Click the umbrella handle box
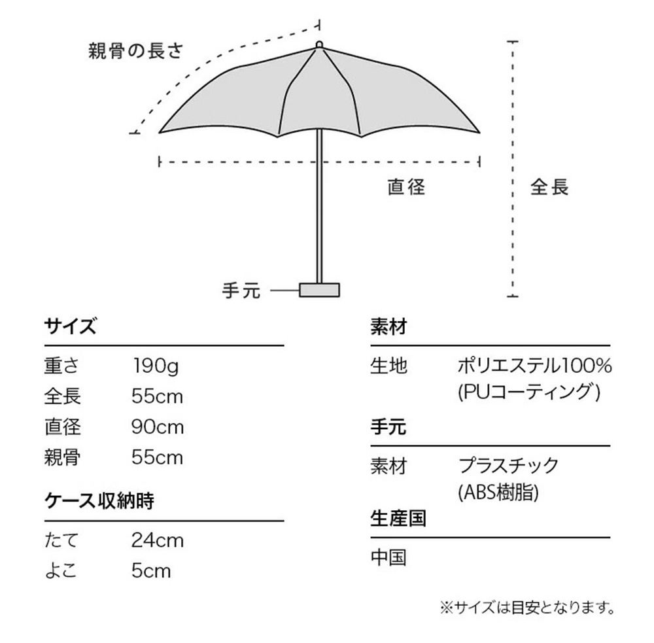(x=319, y=289)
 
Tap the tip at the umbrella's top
(x=318, y=45)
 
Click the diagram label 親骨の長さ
(x=136, y=51)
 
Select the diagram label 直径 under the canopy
(x=406, y=187)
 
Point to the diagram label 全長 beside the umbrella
(x=549, y=187)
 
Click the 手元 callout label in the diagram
(x=241, y=290)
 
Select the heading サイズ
(x=70, y=326)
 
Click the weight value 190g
(x=155, y=365)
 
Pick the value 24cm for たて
(x=158, y=540)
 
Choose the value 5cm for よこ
(x=151, y=570)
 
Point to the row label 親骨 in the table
(x=62, y=457)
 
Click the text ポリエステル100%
(x=535, y=365)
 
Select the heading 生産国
(x=398, y=519)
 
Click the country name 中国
(x=388, y=557)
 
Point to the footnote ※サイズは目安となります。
(x=526, y=608)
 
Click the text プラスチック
(x=508, y=466)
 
